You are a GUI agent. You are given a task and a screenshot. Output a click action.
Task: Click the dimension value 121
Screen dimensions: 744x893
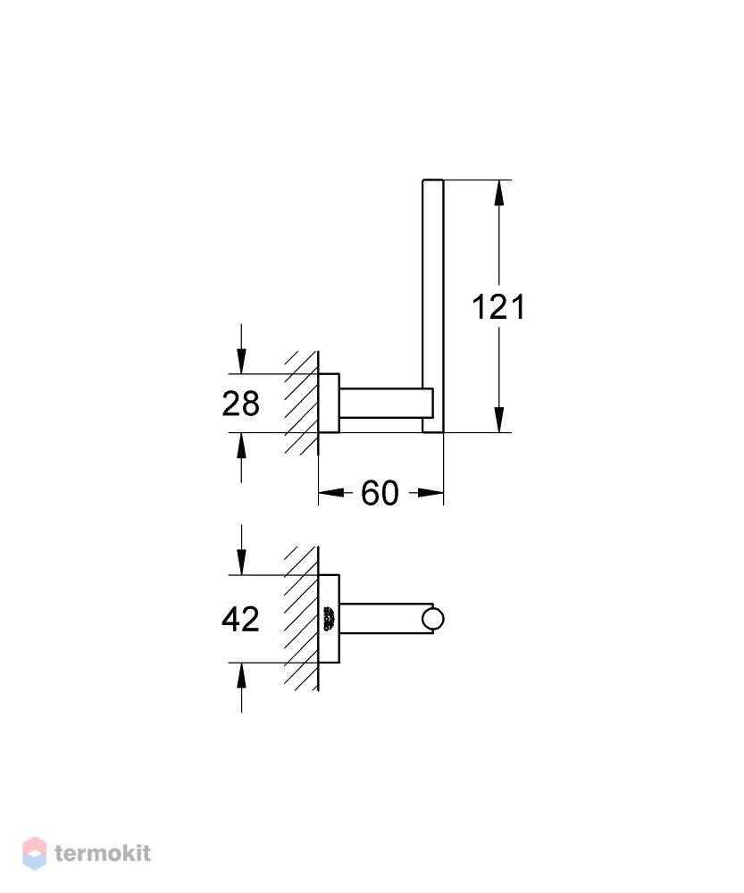[x=497, y=307]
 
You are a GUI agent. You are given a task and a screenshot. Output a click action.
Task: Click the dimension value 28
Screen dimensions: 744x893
[x=240, y=404]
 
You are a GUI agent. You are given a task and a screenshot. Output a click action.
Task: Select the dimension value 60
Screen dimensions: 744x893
[x=380, y=493]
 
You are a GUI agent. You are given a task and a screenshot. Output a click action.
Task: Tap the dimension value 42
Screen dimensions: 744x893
[x=240, y=619]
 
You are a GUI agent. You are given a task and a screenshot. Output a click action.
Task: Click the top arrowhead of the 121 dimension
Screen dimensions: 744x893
[x=499, y=193]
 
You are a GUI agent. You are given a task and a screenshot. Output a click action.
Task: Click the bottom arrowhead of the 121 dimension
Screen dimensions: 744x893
[x=499, y=420]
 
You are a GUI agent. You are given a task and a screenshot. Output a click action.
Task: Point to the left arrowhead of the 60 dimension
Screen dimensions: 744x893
[x=331, y=493]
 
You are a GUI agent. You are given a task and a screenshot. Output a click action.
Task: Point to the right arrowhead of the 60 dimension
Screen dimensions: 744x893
[x=431, y=493]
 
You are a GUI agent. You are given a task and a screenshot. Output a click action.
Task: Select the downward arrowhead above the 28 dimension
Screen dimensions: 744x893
[x=241, y=361]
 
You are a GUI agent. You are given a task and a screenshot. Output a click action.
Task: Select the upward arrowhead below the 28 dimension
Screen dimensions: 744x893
[x=241, y=446]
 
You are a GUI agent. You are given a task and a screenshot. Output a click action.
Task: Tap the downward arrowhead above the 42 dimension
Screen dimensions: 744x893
[x=241, y=562]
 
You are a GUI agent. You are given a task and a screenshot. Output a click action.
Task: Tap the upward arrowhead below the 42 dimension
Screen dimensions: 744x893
[x=241, y=676]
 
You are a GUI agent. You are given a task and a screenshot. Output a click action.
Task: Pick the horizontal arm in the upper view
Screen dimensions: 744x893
[x=386, y=404]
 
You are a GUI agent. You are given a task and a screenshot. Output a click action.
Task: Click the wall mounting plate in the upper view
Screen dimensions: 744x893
[x=329, y=404]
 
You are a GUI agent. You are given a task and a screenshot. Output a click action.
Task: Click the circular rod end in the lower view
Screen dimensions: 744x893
[x=433, y=619]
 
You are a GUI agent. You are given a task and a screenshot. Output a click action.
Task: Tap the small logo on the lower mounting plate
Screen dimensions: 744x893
[x=329, y=619]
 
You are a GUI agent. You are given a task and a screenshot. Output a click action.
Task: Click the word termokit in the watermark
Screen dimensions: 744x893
[x=103, y=853]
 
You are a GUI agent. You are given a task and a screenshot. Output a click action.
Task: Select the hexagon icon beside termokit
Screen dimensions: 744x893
[x=34, y=853]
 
